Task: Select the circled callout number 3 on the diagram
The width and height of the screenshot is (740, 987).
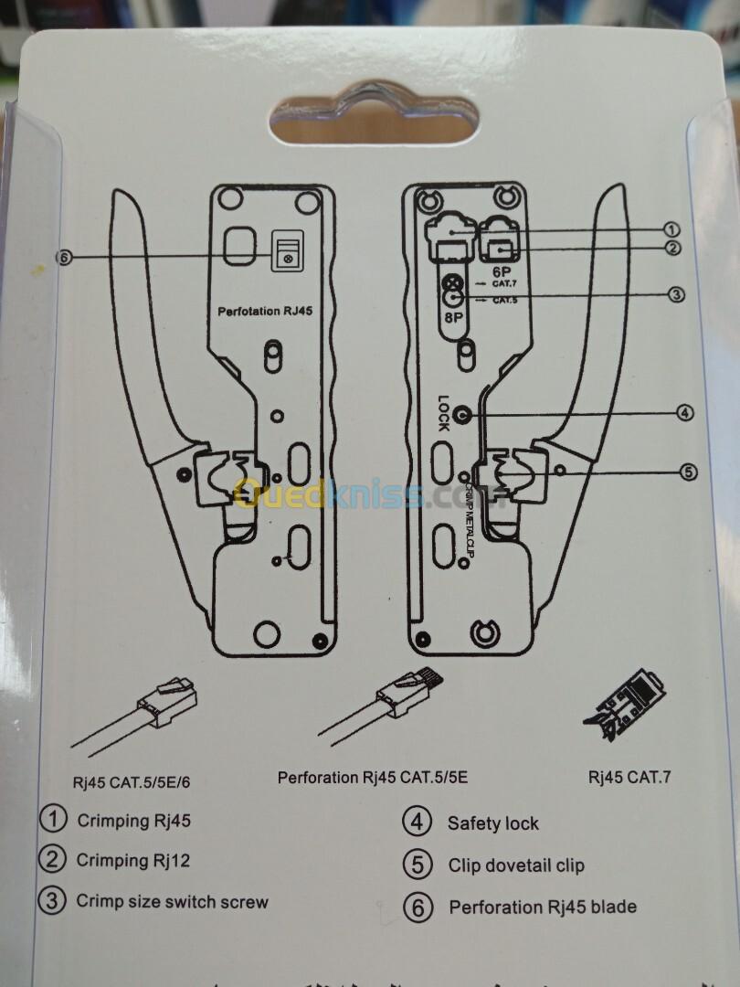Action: click(676, 294)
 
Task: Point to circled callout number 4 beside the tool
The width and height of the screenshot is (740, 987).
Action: click(685, 413)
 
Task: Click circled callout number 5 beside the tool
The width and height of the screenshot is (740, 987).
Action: click(688, 472)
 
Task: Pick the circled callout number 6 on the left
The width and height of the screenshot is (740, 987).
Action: click(63, 257)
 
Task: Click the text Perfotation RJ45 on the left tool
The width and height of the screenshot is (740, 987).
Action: click(265, 312)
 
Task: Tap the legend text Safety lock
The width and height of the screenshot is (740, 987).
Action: click(492, 823)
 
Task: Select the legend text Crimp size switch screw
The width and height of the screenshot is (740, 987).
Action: click(172, 902)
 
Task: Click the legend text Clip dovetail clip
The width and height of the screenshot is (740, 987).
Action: click(516, 865)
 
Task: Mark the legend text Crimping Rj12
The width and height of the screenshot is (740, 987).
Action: click(133, 860)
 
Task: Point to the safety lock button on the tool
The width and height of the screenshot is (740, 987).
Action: click(461, 414)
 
